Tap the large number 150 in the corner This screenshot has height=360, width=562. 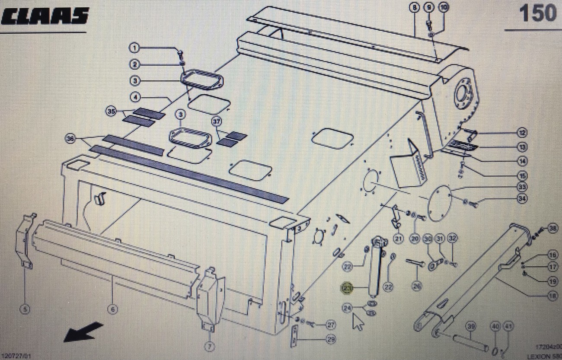(x=537, y=13)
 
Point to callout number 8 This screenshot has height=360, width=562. (x=414, y=7)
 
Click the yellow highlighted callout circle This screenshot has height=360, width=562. (x=347, y=288)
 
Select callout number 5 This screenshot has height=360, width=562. (x=25, y=309)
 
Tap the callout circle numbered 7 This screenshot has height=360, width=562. (x=210, y=346)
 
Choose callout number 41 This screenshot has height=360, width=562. (x=508, y=327)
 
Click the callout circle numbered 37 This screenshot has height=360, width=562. (x=216, y=122)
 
